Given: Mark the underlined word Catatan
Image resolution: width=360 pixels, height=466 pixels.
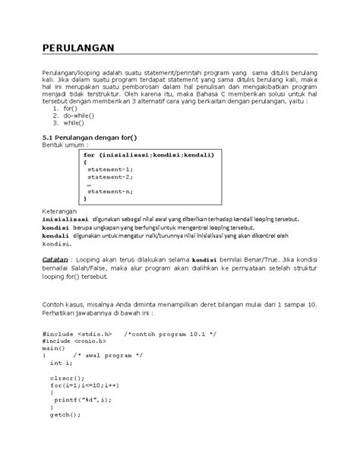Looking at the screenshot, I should coord(58,259).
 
